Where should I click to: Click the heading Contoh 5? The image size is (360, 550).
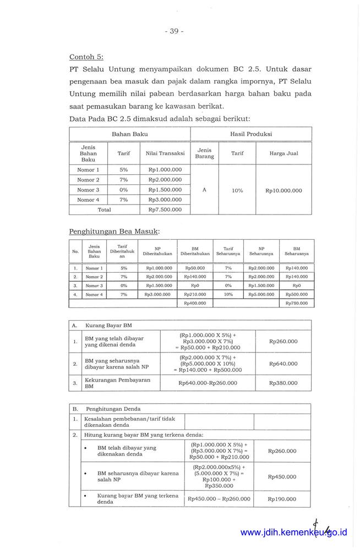click(86, 57)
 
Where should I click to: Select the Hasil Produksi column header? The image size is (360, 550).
click(251, 134)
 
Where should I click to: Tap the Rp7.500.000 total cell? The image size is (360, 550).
click(165, 210)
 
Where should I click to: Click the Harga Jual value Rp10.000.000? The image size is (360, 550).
click(283, 190)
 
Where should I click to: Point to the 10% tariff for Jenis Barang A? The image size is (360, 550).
click(237, 190)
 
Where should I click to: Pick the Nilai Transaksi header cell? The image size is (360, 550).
click(165, 153)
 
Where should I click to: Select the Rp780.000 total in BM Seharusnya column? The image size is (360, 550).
click(297, 303)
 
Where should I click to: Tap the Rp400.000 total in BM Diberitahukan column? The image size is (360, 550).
click(195, 303)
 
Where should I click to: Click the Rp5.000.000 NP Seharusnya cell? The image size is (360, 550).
click(261, 294)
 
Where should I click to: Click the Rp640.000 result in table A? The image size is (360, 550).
click(283, 364)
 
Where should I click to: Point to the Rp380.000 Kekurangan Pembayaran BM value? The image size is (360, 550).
click(283, 383)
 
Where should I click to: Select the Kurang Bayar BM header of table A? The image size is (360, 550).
click(108, 326)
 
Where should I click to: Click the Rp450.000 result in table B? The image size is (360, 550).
click(282, 477)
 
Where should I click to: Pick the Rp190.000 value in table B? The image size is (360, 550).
click(282, 499)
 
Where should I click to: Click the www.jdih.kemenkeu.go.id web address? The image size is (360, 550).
click(293, 532)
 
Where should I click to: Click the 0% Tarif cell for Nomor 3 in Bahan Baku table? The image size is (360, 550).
click(123, 190)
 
